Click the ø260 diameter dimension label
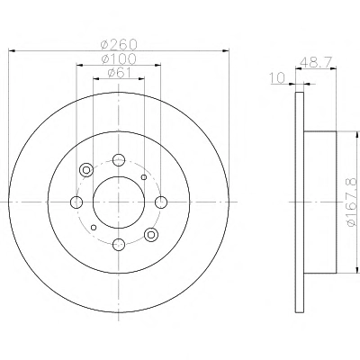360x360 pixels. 119,45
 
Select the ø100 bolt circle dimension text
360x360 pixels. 119,59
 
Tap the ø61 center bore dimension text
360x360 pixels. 119,73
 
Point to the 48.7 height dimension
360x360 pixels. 316,63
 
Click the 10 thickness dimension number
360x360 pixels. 277,78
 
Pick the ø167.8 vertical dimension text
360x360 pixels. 352,202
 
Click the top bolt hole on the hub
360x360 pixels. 119,160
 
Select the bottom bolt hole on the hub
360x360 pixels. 119,244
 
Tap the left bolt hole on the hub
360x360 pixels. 76,202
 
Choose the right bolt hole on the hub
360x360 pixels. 161,202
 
